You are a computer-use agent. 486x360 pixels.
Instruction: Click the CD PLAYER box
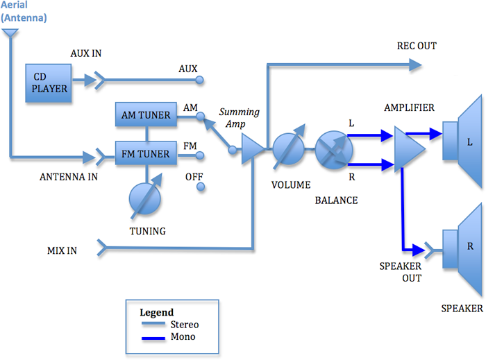tap(49, 83)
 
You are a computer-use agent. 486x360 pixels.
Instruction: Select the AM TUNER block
tap(146, 115)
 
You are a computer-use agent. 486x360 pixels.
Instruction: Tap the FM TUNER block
tap(146, 153)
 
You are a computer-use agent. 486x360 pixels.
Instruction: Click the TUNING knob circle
tap(145, 200)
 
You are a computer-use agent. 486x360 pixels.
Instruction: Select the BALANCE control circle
tap(330, 148)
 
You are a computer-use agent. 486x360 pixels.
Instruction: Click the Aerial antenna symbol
tap(10, 35)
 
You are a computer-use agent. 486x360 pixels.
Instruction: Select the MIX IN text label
tap(62, 250)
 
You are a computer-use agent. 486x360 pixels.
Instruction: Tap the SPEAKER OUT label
tap(401, 272)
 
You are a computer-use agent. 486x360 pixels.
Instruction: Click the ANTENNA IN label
tap(69, 176)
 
